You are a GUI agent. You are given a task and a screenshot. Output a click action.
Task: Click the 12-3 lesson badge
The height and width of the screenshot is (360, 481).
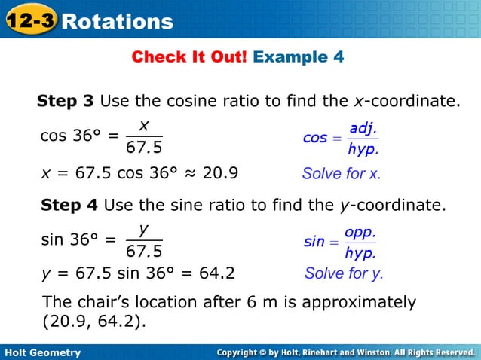pos(29,20)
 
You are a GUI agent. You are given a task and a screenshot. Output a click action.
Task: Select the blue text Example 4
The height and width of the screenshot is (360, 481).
pos(299,57)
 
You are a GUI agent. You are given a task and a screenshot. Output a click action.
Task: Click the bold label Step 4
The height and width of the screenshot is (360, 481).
pos(69,204)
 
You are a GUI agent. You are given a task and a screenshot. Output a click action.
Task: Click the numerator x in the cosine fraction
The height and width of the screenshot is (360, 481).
pos(143,124)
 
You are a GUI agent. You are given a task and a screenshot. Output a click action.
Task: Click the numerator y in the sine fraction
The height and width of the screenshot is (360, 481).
pos(143,227)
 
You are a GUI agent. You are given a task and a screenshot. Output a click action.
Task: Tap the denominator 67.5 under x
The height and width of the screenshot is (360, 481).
pos(143,146)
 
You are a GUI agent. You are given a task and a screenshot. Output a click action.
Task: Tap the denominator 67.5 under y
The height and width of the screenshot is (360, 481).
pos(143,250)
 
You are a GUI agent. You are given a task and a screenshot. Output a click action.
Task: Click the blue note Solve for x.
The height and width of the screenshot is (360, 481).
pos(342,174)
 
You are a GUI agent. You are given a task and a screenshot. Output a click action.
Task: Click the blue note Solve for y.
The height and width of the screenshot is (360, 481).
pos(344,273)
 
